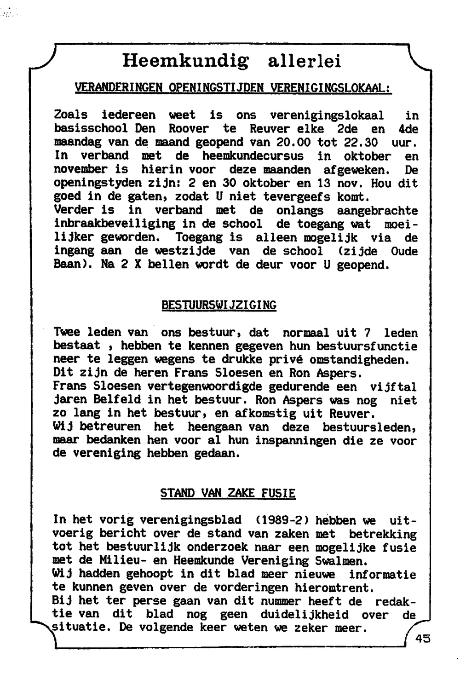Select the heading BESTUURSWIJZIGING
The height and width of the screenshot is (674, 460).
[x=219, y=305]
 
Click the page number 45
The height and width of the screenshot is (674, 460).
[x=422, y=638]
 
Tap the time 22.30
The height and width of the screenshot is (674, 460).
[x=361, y=142]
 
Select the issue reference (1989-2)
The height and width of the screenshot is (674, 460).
[x=280, y=520]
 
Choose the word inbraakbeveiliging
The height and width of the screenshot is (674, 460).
[x=115, y=224]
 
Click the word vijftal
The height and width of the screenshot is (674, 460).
[x=393, y=386]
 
